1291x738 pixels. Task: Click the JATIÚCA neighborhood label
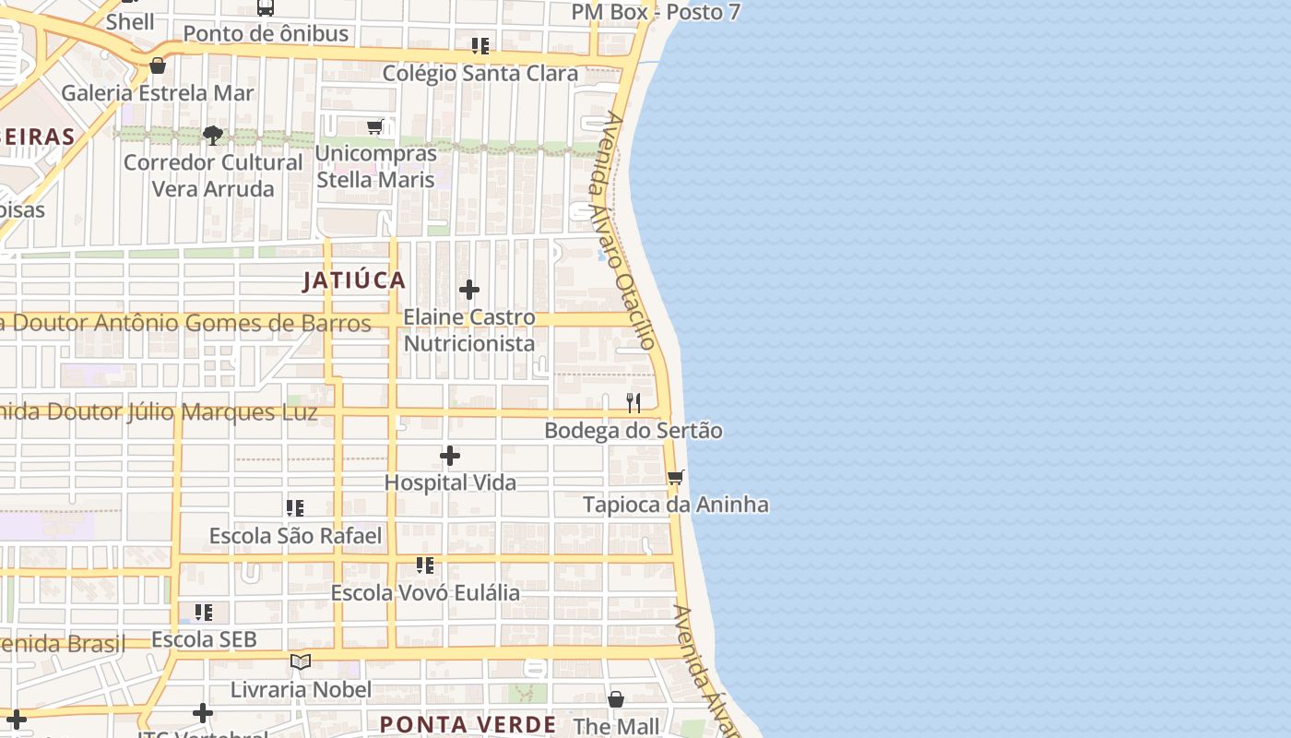pos(354,280)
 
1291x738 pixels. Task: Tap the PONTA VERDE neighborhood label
pos(468,724)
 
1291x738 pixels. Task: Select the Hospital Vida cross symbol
pos(450,456)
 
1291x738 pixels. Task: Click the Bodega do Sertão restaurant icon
pos(634,403)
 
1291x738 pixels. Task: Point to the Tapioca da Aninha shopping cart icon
pos(676,477)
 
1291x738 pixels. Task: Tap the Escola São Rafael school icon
pos(295,508)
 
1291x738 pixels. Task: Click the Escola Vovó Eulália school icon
pos(425,565)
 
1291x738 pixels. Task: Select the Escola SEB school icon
pos(204,612)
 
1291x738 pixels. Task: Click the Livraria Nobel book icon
pos(301,661)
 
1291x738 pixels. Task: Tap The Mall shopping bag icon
pos(616,699)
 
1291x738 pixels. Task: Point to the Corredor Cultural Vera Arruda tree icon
pos(213,136)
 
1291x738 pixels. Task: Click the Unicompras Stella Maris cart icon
pos(375,126)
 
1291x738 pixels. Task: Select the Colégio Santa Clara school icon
pos(480,45)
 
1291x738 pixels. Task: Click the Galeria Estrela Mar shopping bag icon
pos(158,65)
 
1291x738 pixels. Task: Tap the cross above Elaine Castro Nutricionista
pos(469,290)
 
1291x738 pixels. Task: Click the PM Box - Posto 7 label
pos(656,12)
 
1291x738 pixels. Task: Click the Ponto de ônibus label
pos(266,34)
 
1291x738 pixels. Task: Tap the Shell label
pos(130,21)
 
